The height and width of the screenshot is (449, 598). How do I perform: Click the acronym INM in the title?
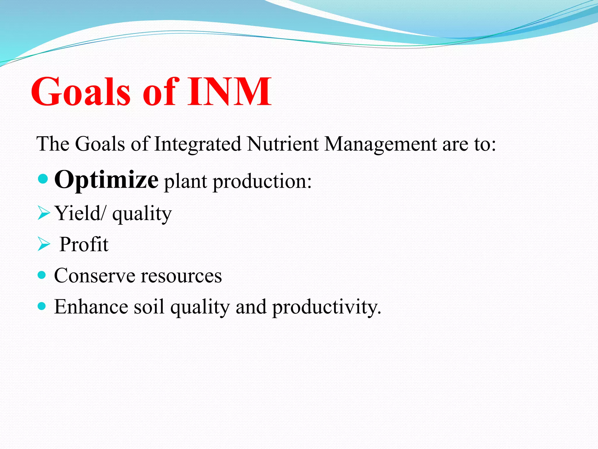[x=229, y=91]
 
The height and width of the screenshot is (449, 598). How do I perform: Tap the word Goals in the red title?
[x=80, y=91]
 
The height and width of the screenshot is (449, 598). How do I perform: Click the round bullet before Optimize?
[x=43, y=179]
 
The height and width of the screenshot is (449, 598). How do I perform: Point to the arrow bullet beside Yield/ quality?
[x=44, y=213]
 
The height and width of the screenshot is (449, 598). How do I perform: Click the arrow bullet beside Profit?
[x=44, y=244]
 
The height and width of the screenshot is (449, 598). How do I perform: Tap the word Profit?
[x=84, y=244]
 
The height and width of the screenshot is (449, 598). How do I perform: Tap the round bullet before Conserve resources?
[x=42, y=275]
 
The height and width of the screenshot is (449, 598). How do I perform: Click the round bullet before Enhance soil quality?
[x=42, y=306]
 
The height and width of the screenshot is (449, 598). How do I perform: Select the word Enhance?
[x=91, y=307]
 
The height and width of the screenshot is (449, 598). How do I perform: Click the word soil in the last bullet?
[x=149, y=307]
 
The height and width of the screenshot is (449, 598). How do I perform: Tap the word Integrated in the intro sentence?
[x=198, y=144]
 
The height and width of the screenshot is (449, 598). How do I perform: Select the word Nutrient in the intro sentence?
[x=282, y=144]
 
